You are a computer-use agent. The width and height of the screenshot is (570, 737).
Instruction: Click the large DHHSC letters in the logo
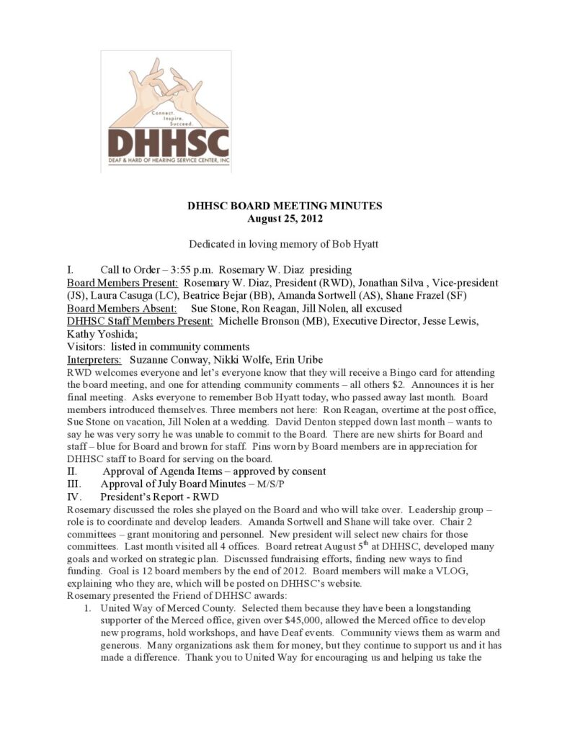point(168,143)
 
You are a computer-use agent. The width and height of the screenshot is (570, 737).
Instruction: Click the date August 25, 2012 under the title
point(285,218)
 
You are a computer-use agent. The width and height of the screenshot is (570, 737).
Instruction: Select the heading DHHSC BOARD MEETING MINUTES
point(285,206)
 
